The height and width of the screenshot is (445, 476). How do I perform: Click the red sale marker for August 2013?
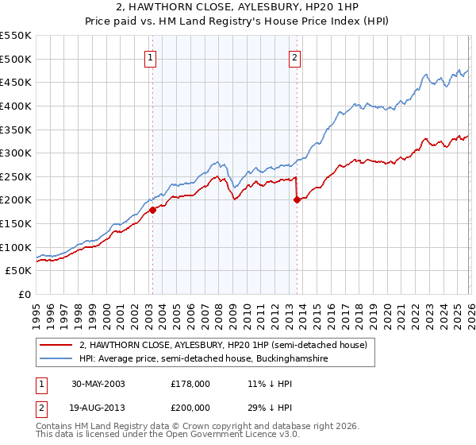tap(296, 200)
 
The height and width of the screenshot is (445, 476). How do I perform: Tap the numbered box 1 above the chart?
tap(150, 57)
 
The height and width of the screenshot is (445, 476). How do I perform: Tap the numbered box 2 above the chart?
tap(294, 57)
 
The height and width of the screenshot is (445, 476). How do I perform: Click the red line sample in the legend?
tap(56, 346)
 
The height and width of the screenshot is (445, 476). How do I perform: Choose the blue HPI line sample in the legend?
tap(56, 360)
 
